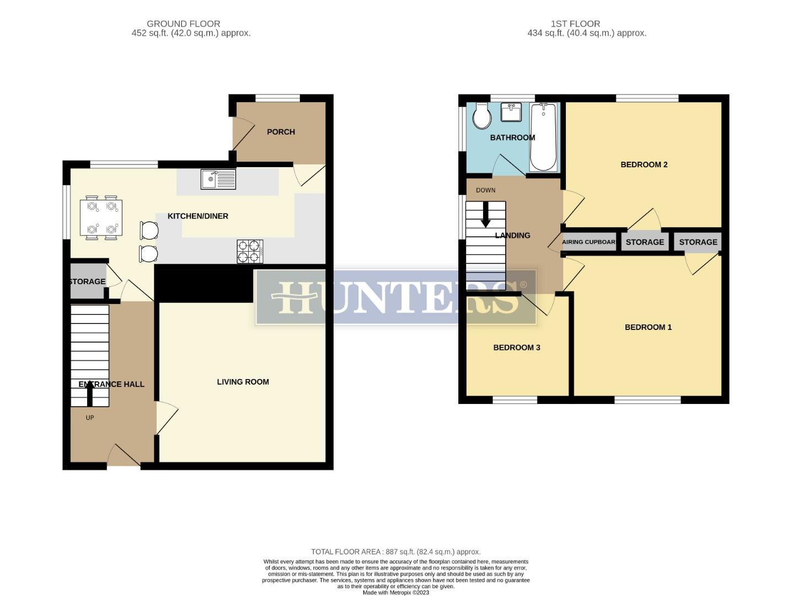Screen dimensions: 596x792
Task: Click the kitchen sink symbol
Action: [218, 179]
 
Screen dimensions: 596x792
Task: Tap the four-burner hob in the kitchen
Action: [250, 251]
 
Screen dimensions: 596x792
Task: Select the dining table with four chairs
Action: [101, 217]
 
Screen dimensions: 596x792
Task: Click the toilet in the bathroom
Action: [483, 115]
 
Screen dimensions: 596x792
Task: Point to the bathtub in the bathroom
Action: [543, 137]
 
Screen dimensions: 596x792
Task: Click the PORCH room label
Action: [281, 132]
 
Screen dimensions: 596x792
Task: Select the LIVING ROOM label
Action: [243, 382]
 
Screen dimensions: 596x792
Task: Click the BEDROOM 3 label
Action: [516, 348]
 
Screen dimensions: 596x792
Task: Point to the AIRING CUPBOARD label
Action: [588, 242]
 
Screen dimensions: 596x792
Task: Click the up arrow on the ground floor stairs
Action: [90, 393]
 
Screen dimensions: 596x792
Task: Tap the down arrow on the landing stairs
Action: [486, 215]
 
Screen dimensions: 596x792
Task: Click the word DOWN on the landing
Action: [486, 190]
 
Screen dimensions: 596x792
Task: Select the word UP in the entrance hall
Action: [90, 418]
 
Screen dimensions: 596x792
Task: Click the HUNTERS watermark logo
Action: [396, 297]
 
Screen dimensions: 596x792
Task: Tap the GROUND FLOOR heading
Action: [183, 24]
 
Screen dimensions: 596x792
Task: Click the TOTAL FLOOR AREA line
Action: [395, 552]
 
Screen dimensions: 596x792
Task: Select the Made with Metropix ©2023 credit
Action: [395, 593]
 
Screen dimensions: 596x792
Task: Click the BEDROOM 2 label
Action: [644, 164]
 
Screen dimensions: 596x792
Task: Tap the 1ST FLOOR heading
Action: [575, 24]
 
